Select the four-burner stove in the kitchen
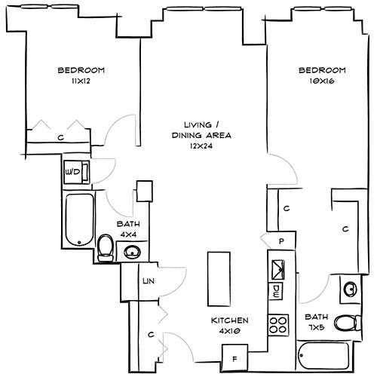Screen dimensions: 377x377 coord(279,325)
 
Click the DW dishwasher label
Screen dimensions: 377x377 coord(277,290)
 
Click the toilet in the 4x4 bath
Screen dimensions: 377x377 coord(106,248)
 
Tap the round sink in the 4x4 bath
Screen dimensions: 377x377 coord(133,250)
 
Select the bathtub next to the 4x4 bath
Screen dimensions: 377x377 coord(78,220)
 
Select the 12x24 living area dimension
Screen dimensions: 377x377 coord(200,146)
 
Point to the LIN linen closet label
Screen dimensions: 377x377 coord(147,282)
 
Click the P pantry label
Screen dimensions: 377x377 coord(280,241)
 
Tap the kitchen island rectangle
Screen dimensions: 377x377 coord(218,275)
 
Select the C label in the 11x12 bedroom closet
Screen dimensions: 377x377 coord(60,138)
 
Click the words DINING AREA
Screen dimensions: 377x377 coord(200,136)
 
